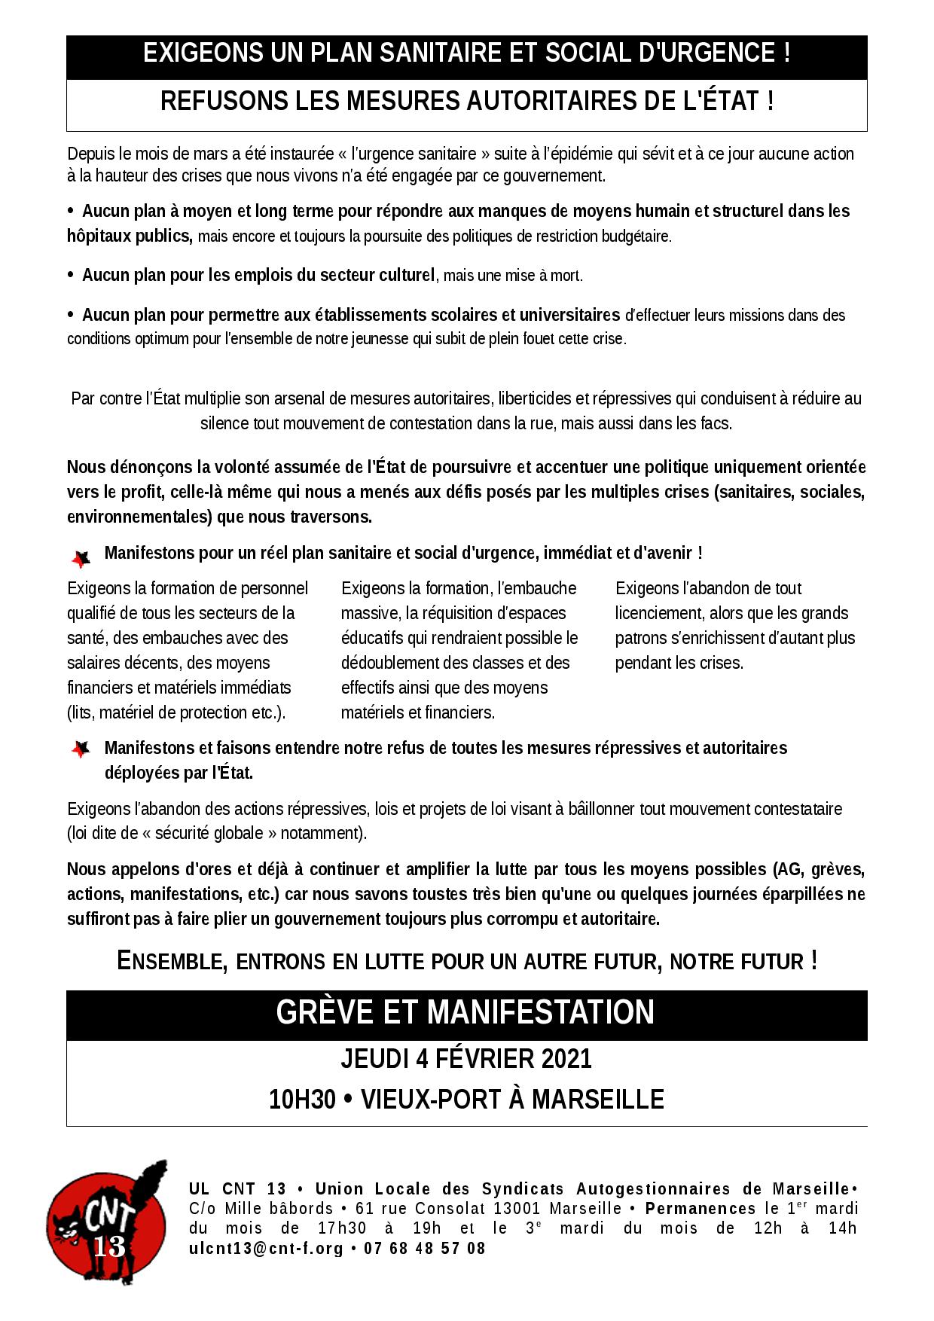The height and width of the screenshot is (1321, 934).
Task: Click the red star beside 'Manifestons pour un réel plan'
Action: point(81,559)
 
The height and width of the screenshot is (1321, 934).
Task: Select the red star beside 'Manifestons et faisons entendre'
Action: point(81,749)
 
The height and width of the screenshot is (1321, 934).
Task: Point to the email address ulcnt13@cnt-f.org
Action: point(266,1249)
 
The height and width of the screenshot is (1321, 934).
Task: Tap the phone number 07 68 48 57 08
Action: point(425,1249)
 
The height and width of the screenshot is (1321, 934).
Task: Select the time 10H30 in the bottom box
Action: point(302,1100)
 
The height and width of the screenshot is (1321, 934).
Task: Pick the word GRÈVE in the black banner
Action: point(325,1012)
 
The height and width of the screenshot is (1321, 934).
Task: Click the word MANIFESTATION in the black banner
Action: point(541,1012)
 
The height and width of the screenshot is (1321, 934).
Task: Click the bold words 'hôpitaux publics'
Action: point(129,236)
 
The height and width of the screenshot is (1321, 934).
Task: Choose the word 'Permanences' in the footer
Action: point(700,1209)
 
